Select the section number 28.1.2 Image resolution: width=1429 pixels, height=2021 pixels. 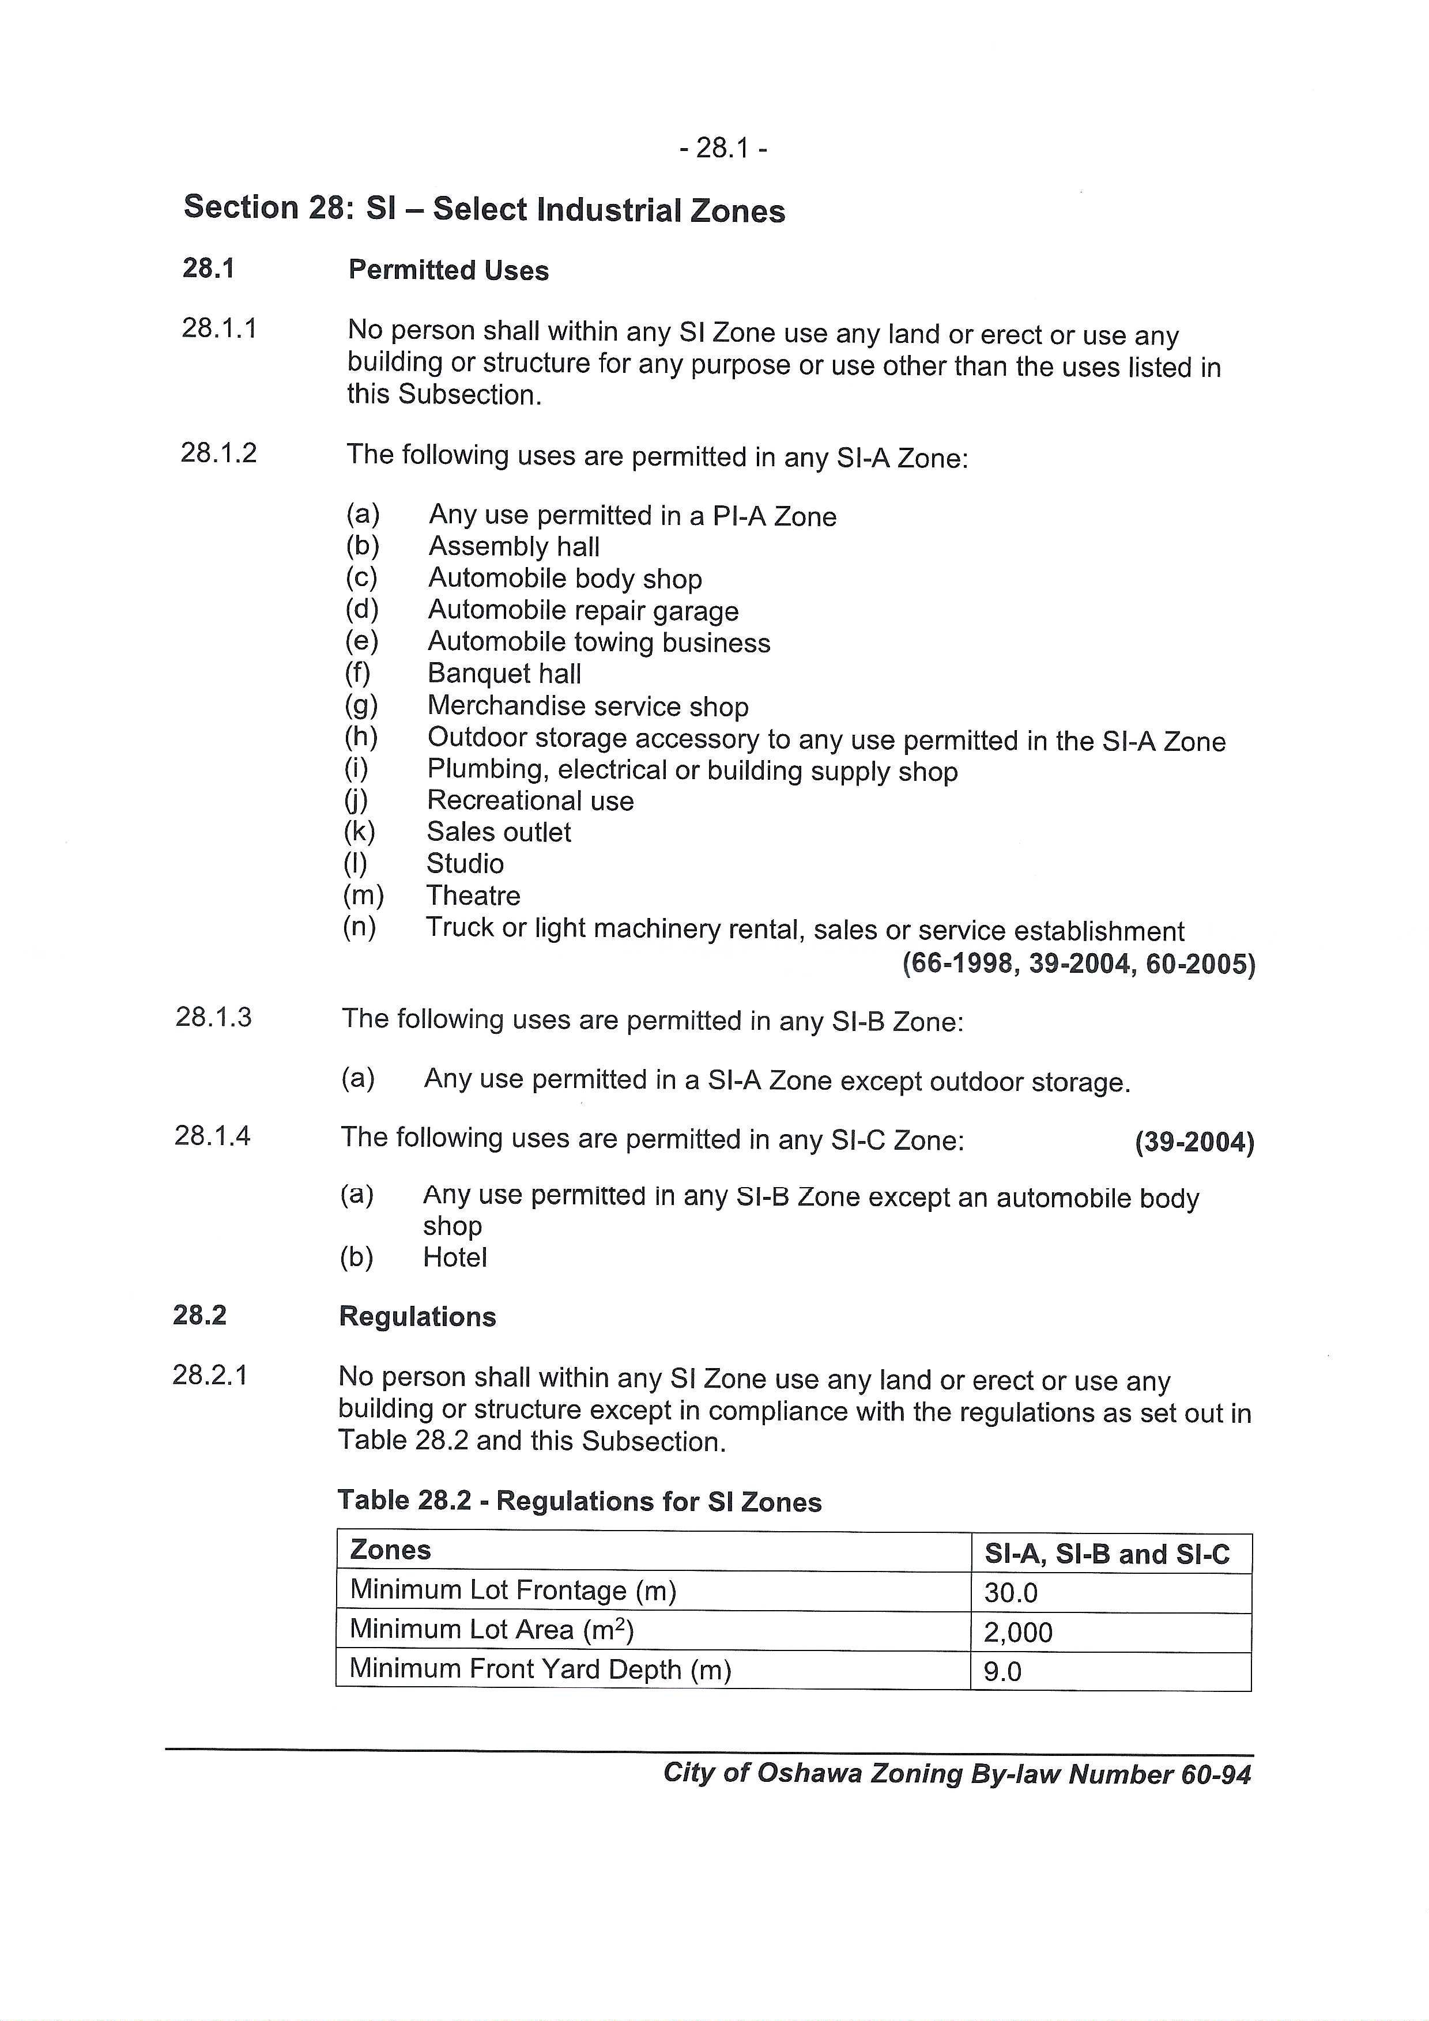click(218, 454)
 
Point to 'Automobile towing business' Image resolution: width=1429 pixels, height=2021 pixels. click(599, 643)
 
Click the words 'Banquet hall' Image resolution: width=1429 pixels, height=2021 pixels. click(504, 674)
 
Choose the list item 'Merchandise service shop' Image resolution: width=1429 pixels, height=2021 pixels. click(587, 706)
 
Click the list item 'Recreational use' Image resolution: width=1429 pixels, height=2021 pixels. click(530, 801)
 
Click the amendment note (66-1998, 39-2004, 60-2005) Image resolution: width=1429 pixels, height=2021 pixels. click(1079, 965)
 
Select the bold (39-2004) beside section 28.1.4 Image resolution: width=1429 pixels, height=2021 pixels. click(1194, 1143)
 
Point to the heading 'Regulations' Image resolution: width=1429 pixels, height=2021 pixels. click(417, 1317)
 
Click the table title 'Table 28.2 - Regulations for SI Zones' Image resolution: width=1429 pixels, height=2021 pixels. click(579, 1502)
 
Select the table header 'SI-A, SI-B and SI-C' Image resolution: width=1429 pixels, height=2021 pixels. click(1107, 1554)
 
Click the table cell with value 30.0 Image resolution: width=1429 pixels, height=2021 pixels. click(1011, 1593)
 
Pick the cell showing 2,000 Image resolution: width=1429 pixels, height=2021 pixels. click(1018, 1633)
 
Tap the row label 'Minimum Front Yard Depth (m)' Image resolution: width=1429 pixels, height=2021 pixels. click(541, 1669)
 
